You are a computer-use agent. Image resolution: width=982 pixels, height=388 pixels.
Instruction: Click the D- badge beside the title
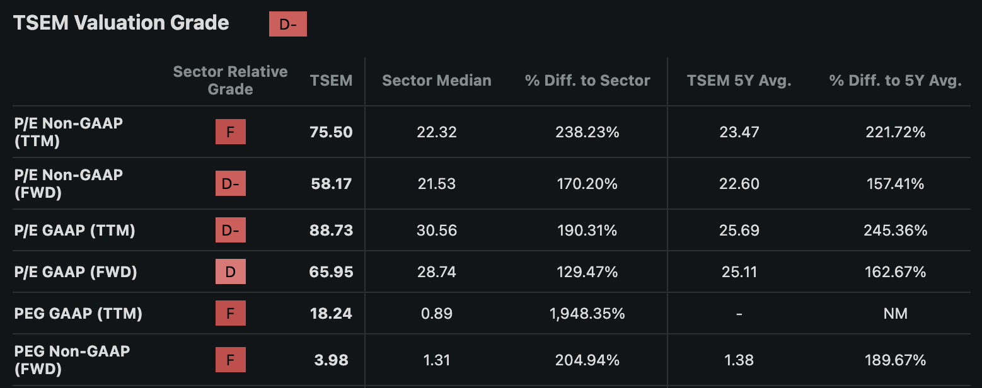(287, 24)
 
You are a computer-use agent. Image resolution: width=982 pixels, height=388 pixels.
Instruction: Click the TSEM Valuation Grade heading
(121, 23)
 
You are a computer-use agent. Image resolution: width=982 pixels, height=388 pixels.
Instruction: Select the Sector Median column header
(437, 81)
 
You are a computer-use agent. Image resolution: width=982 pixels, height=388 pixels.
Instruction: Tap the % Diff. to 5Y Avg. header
(895, 81)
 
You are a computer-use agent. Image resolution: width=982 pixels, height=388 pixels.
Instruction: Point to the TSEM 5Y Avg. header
(739, 81)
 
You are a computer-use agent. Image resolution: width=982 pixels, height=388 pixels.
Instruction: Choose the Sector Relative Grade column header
(230, 80)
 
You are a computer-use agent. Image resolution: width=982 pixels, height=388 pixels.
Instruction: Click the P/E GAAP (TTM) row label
(74, 231)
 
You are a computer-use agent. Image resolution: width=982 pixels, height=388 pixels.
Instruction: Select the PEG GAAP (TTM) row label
(78, 314)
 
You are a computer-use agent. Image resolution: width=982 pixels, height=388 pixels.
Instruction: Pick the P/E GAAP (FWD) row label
(76, 272)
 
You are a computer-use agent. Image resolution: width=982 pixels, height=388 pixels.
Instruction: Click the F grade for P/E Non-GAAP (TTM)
(231, 132)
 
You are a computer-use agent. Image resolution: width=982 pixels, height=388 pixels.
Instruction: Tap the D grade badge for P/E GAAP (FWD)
(231, 271)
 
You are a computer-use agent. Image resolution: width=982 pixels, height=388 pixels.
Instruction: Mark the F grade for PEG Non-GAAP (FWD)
(231, 360)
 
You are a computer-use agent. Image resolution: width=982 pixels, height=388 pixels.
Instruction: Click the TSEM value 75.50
(331, 132)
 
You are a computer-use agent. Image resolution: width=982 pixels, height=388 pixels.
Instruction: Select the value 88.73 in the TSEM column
(331, 231)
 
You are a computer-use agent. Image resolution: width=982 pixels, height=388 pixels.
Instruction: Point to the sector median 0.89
(437, 314)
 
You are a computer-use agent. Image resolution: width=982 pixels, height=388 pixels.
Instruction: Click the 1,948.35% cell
(587, 314)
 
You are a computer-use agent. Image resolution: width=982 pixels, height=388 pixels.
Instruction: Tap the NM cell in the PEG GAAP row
(895, 314)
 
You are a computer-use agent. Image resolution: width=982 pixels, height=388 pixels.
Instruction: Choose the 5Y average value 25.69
(739, 231)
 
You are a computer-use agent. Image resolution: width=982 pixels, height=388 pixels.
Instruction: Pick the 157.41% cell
(895, 184)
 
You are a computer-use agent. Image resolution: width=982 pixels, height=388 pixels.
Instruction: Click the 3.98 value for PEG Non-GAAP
(331, 360)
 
